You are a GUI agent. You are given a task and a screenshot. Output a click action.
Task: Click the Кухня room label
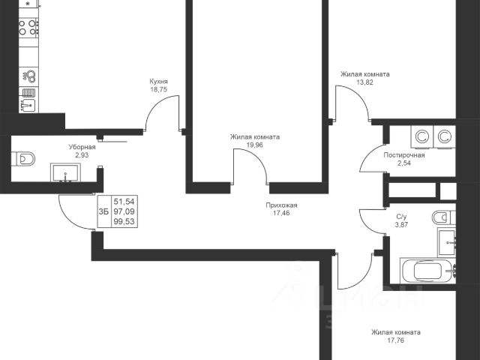coord(158,82)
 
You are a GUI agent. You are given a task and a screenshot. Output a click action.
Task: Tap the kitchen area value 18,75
coord(158,90)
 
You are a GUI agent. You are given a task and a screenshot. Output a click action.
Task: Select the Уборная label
coord(82,147)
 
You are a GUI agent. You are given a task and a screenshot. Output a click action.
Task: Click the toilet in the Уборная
coord(23,159)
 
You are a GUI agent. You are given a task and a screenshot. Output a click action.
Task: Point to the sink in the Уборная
coord(65,173)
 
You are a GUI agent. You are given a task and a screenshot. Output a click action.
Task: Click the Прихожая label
coord(282,205)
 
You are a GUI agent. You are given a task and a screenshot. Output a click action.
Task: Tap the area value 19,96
coord(255,145)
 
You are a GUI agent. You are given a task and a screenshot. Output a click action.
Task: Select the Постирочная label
coord(404,155)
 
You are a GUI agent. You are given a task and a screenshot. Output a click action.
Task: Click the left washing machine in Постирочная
coord(422,137)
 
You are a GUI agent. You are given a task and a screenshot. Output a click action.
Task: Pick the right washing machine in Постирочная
coord(445,137)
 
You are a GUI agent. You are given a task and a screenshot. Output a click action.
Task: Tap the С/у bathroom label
coord(402,217)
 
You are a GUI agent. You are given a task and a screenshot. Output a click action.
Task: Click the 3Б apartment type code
coord(103,211)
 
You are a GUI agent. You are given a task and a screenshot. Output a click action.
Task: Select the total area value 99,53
coord(124,222)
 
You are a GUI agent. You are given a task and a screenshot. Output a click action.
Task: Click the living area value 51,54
coord(124,202)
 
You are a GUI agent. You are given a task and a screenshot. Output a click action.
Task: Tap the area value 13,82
coord(365,82)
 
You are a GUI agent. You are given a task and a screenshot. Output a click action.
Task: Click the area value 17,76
coord(395,340)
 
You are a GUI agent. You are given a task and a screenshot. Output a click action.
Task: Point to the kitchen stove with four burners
coord(28,27)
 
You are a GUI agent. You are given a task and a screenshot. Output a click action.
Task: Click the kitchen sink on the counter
coord(28,105)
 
